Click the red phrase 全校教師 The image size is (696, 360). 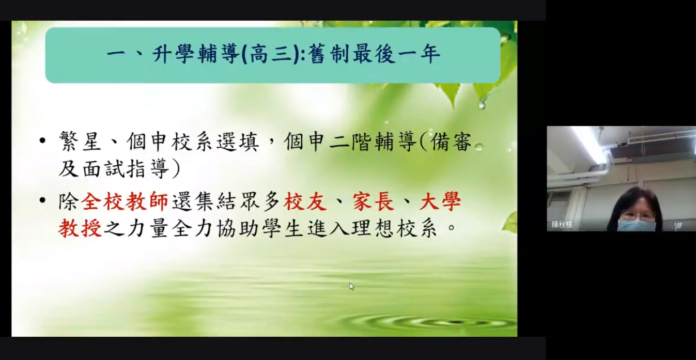(x=125, y=202)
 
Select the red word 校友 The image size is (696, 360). (x=305, y=202)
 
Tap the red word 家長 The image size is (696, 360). (x=373, y=202)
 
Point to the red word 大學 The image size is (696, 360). (x=440, y=202)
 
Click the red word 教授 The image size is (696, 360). (x=80, y=228)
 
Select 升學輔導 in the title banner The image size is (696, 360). (x=196, y=54)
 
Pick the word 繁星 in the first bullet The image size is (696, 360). (x=80, y=142)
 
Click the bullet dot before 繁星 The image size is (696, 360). (x=42, y=140)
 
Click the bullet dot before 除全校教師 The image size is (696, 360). (x=42, y=200)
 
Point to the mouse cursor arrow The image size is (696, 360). (x=351, y=286)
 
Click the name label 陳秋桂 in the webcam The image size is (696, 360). (x=562, y=225)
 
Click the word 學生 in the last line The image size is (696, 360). (x=283, y=228)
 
